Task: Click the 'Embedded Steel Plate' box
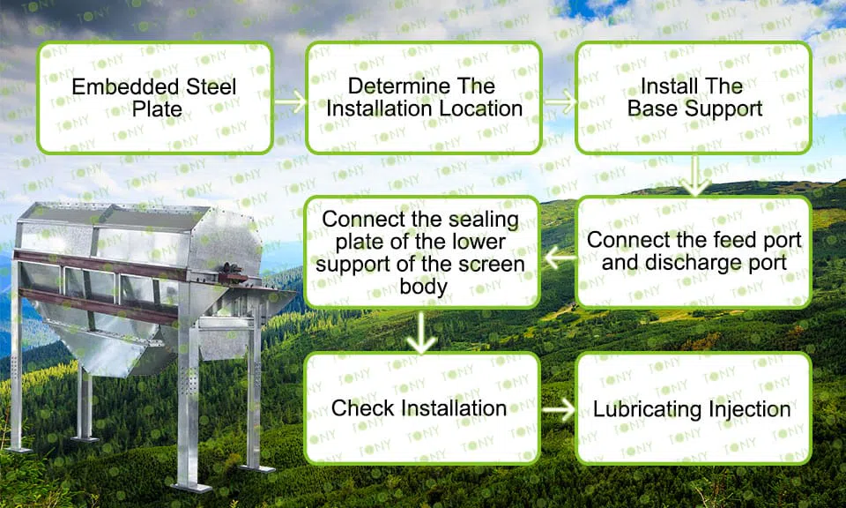[155, 98]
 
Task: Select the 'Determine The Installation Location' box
[424, 98]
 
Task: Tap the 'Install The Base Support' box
[694, 98]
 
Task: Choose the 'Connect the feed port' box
[694, 252]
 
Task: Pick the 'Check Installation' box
[422, 408]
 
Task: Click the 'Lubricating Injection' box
[694, 408]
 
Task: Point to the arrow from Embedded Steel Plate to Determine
[290, 101]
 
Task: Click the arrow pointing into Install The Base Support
[560, 101]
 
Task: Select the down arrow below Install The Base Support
[695, 176]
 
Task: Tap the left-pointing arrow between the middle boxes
[560, 258]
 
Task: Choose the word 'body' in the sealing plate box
[423, 287]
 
